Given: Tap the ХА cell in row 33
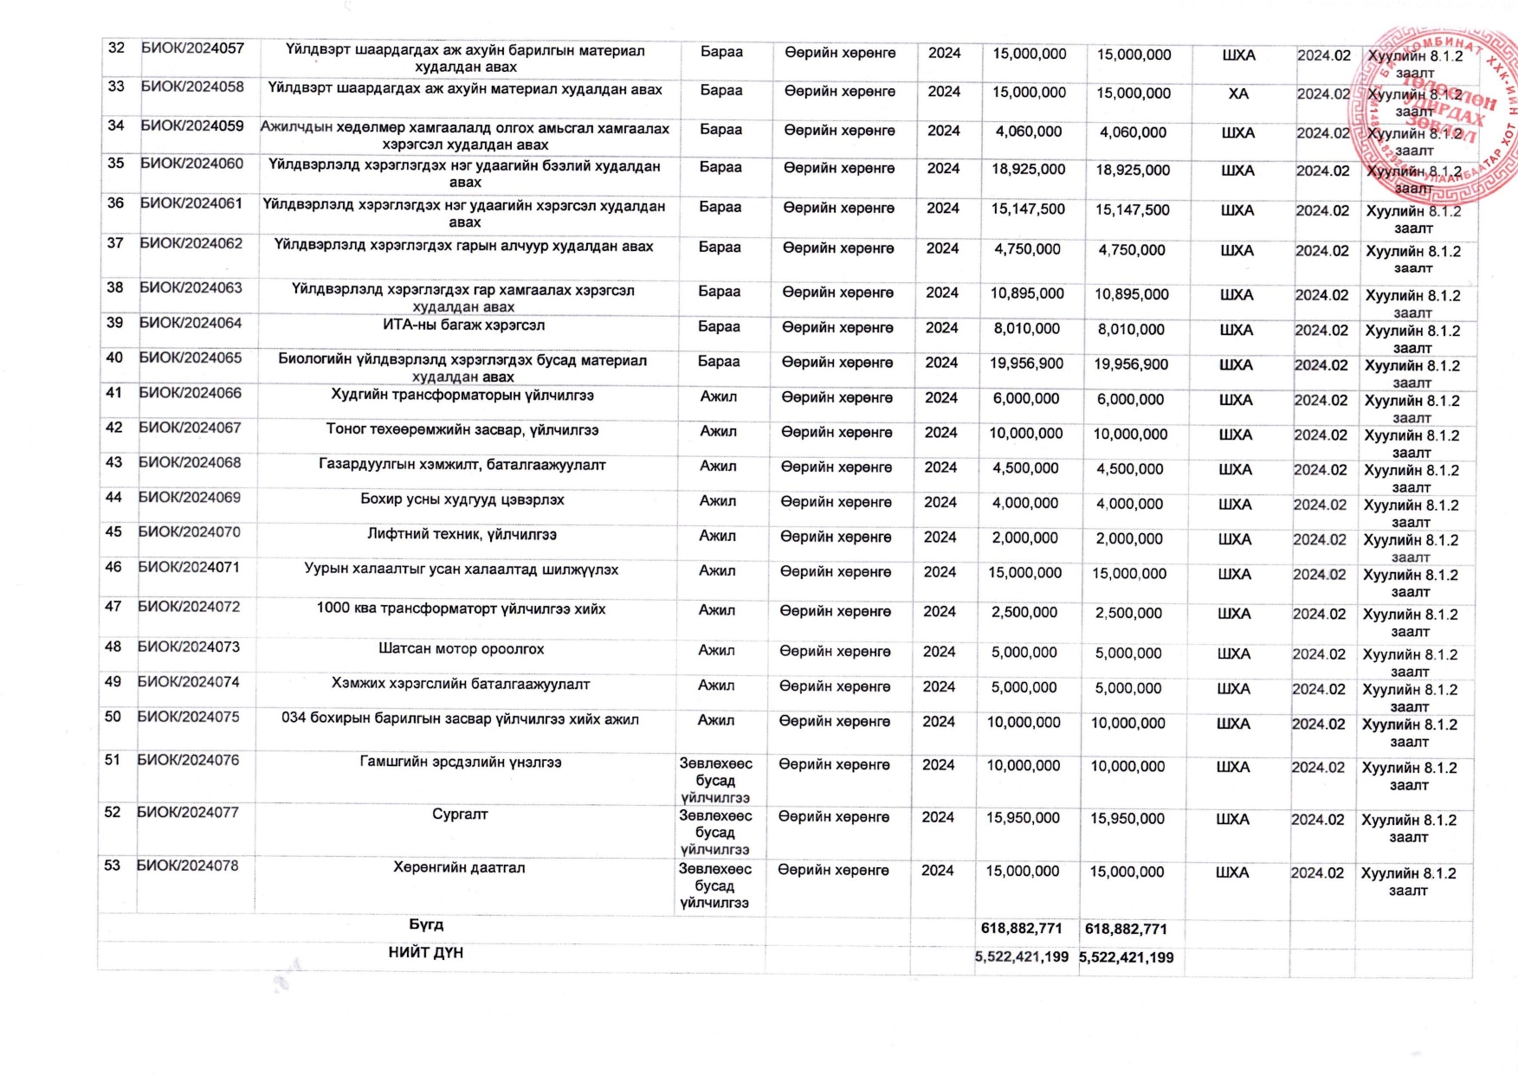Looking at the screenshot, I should click(1238, 93).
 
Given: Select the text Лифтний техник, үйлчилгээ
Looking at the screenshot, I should click(462, 535).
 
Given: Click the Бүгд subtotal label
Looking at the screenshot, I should click(426, 924).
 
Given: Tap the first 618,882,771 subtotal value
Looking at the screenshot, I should click(1022, 929).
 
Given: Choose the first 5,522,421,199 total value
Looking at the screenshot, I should click(1022, 957).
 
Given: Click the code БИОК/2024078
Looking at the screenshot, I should click(188, 866).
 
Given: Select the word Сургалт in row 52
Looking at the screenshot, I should click(460, 814).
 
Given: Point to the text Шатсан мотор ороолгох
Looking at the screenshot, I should click(462, 648).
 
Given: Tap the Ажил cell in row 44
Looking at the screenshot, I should click(718, 501).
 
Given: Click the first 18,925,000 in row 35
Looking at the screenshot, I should click(1029, 170).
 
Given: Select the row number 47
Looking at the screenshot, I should click(113, 607).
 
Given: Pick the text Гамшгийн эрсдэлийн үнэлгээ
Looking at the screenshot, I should click(461, 763).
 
